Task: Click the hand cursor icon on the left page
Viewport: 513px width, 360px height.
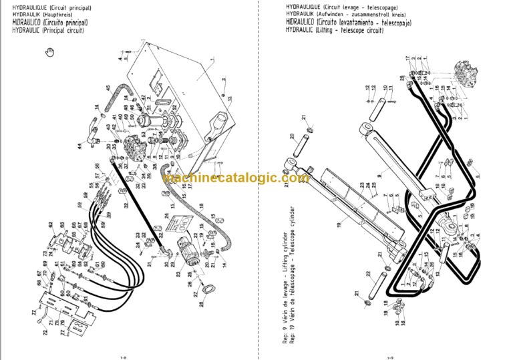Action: click(x=48, y=53)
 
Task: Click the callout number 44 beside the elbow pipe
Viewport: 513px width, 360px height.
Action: click(x=79, y=146)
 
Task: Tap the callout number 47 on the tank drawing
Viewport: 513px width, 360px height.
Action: click(x=144, y=97)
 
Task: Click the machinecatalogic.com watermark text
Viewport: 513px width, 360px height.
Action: click(x=235, y=178)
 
